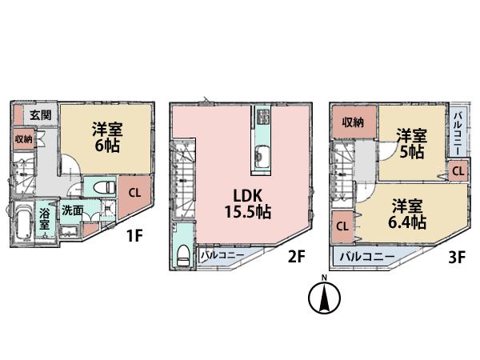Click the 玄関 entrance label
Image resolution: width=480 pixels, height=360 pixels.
[41, 115]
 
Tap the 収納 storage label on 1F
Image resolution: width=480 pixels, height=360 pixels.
[23, 139]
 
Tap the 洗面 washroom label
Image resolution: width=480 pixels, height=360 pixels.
[72, 211]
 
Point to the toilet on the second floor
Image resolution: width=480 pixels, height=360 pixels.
[183, 256]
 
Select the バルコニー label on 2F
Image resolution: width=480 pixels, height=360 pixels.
[220, 255]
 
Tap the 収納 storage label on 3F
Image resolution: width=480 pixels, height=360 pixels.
[354, 122]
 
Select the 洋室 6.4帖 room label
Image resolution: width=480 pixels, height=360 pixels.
[408, 213]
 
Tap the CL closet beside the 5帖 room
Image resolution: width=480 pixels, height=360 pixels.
[457, 170]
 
